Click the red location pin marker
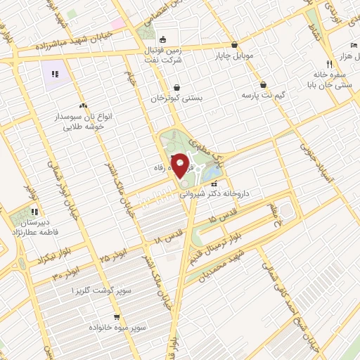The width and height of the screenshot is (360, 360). pos(180,166)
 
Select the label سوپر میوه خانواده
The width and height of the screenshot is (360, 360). pos(117,328)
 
